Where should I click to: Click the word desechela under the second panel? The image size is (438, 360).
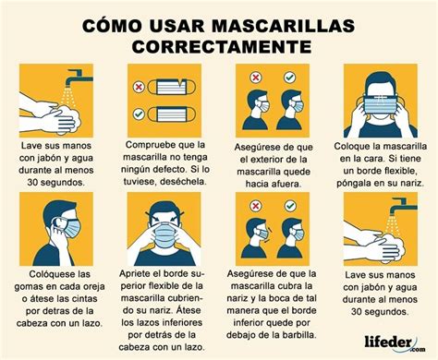coord(175,182)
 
